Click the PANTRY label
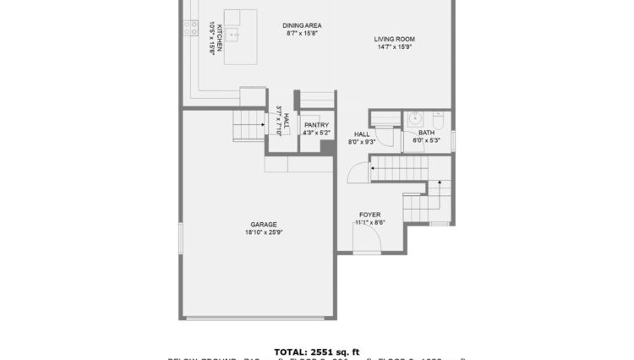coord(316,125)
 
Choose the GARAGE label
coord(263,224)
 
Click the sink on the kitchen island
coord(238,35)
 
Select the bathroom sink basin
coord(416,119)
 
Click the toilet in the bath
coord(438,117)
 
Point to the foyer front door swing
coord(369,241)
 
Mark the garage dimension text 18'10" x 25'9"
coord(263,232)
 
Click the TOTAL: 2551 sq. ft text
coord(316,349)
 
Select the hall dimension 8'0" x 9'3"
coord(362,142)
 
